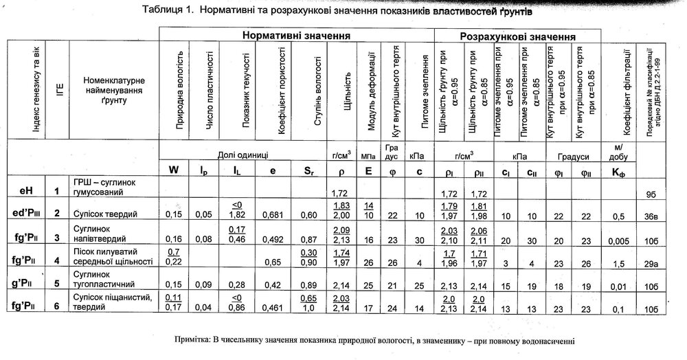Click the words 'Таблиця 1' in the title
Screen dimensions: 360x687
[x=166, y=11]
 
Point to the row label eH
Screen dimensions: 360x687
[x=27, y=190]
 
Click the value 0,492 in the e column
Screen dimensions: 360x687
[x=273, y=240]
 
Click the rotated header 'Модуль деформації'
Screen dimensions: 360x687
[x=370, y=89]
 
